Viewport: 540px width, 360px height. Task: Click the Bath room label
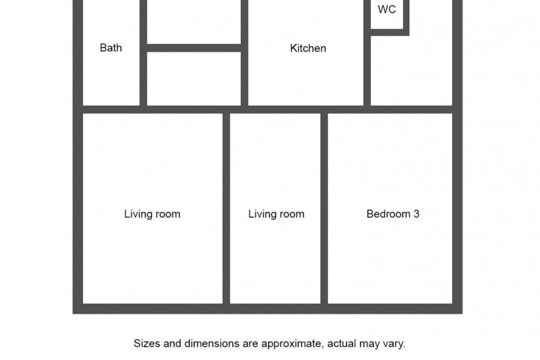pos(111,48)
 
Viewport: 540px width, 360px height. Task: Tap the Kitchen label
pos(308,48)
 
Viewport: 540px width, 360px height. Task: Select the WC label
pos(387,9)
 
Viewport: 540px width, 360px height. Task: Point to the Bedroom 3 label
pos(393,214)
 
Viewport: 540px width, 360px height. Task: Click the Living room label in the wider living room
pos(152,214)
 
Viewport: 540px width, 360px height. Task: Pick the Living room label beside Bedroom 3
pos(276,214)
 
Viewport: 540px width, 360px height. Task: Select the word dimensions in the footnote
pos(212,343)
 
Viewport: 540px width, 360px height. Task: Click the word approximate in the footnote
pos(293,344)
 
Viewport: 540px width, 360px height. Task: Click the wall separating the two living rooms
pos(226,208)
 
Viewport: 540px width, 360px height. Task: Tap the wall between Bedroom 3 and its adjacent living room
pos(324,208)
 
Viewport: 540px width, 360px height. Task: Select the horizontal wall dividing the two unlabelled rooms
pos(194,48)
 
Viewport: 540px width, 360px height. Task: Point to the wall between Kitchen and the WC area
pos(367,53)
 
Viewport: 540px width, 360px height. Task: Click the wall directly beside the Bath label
pos(143,53)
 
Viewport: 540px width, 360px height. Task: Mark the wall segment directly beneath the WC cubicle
pos(390,32)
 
